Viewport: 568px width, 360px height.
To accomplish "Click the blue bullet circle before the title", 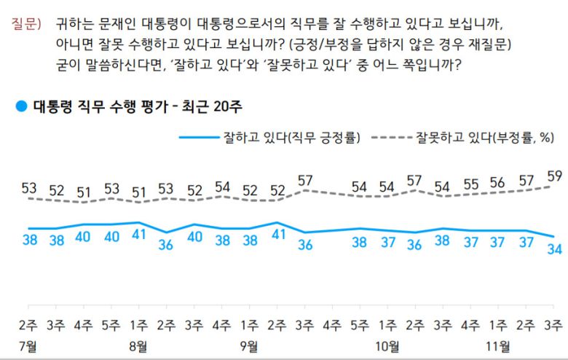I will click(20, 106).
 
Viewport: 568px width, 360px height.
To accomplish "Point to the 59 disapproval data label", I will click(553, 175).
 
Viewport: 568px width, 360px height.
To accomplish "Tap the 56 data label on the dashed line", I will click(498, 182).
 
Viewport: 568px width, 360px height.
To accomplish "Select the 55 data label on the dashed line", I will click(470, 184).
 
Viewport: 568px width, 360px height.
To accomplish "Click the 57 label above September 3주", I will click(304, 179).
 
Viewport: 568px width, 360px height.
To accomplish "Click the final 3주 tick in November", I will click(553, 324).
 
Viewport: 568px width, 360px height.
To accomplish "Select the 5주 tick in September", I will click(360, 324).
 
